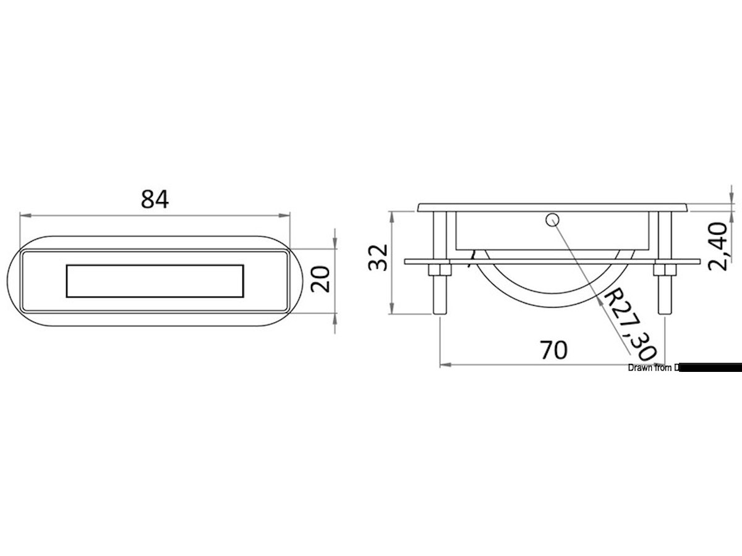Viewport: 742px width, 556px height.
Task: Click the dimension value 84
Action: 155,200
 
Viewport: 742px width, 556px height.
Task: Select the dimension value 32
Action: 378,258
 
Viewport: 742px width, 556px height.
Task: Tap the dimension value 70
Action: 553,350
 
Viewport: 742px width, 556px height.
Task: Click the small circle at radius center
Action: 552,219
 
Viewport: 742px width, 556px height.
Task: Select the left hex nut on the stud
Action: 438,270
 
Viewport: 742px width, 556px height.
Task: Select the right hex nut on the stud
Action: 663,270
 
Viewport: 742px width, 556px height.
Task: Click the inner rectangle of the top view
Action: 155,281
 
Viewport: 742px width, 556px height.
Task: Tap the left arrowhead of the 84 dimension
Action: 24,215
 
